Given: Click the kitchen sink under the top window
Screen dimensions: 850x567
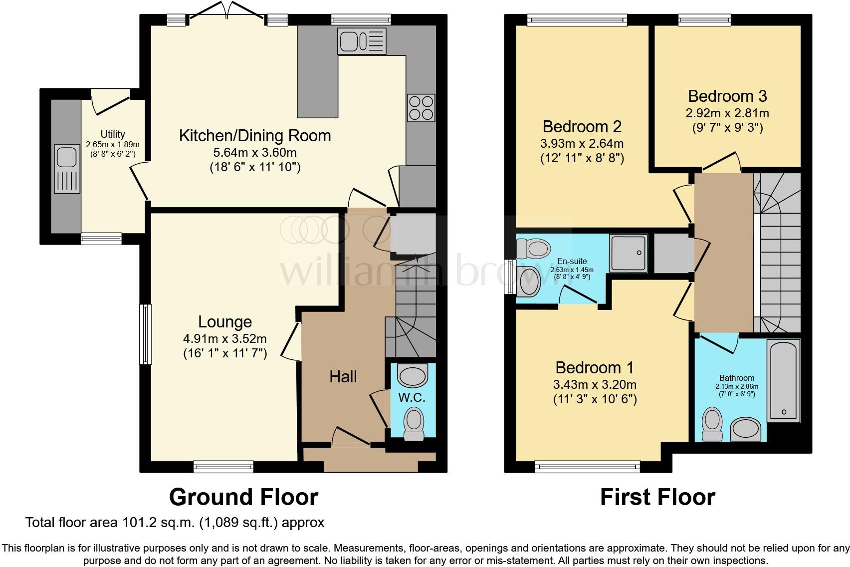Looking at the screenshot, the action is click(362, 40).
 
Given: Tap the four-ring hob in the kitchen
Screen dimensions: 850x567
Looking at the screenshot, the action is click(421, 108).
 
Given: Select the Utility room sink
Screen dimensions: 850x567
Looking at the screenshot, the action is click(67, 169).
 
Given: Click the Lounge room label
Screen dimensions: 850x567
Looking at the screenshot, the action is click(225, 322).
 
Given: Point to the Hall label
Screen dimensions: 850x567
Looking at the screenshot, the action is click(343, 377).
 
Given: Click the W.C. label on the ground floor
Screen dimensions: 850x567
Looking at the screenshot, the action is click(412, 397).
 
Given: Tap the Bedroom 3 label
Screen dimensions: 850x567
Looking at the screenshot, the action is click(727, 96).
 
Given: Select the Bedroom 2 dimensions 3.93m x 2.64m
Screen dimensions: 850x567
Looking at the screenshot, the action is click(582, 144).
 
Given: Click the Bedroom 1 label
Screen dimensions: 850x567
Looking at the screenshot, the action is click(595, 368).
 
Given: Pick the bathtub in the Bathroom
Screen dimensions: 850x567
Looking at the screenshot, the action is click(784, 380).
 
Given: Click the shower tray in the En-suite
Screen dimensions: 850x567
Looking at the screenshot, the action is click(629, 253).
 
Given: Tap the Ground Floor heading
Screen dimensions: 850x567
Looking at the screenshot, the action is click(243, 497).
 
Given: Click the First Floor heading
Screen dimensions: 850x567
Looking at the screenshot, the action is click(657, 497).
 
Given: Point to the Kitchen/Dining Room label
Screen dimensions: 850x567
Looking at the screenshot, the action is click(255, 136).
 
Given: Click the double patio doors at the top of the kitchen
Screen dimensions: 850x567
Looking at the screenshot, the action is click(227, 10).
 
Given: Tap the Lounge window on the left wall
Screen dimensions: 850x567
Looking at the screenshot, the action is click(145, 334).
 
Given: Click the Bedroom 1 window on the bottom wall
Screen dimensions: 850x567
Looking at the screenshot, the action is click(588, 467).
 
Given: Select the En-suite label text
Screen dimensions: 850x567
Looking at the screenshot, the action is click(572, 261).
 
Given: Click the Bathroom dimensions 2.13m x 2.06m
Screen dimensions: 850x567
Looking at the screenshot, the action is click(737, 387).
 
